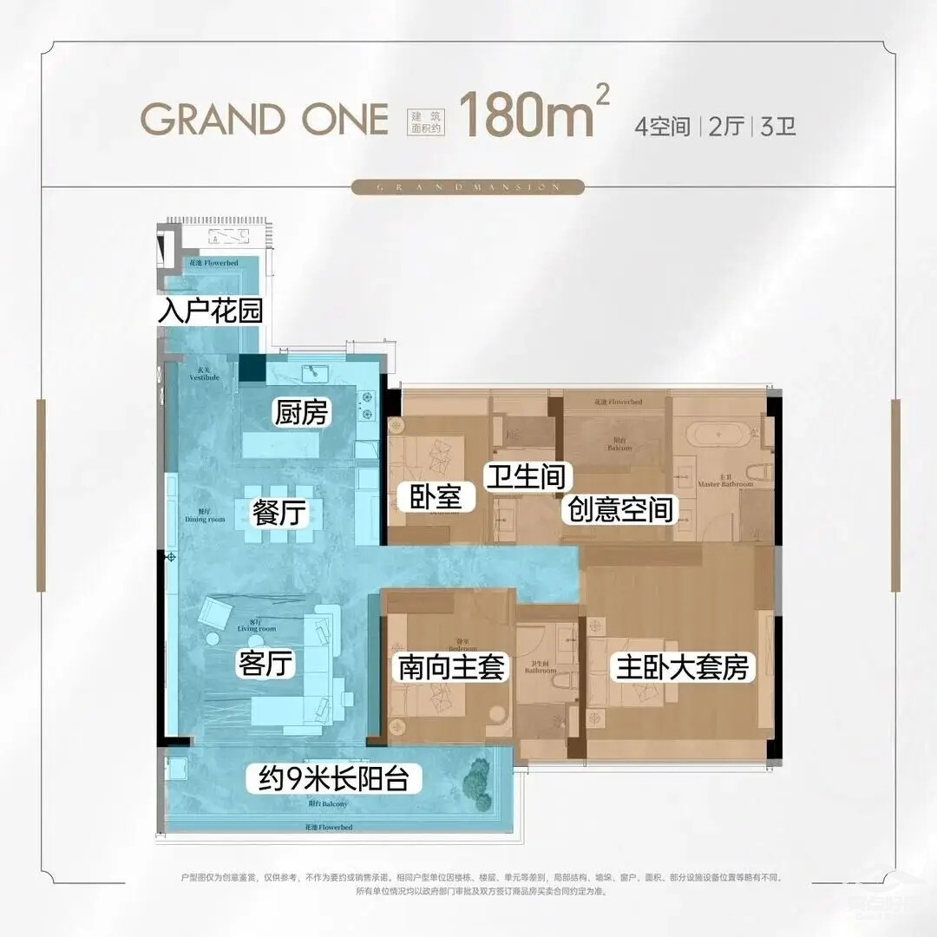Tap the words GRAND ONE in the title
pyautogui.click(x=265, y=119)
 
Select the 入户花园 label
pyautogui.click(x=210, y=311)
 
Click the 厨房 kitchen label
pyautogui.click(x=302, y=413)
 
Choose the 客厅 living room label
pyautogui.click(x=265, y=665)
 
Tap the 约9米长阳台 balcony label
pyautogui.click(x=333, y=778)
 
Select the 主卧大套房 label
pyautogui.click(x=681, y=667)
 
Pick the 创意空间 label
pyautogui.click(x=620, y=509)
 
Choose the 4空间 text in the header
pyautogui.click(x=663, y=127)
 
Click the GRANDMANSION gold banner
pyautogui.click(x=468, y=187)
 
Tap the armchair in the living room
pyautogui.click(x=213, y=613)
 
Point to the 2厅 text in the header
pyautogui.click(x=726, y=127)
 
